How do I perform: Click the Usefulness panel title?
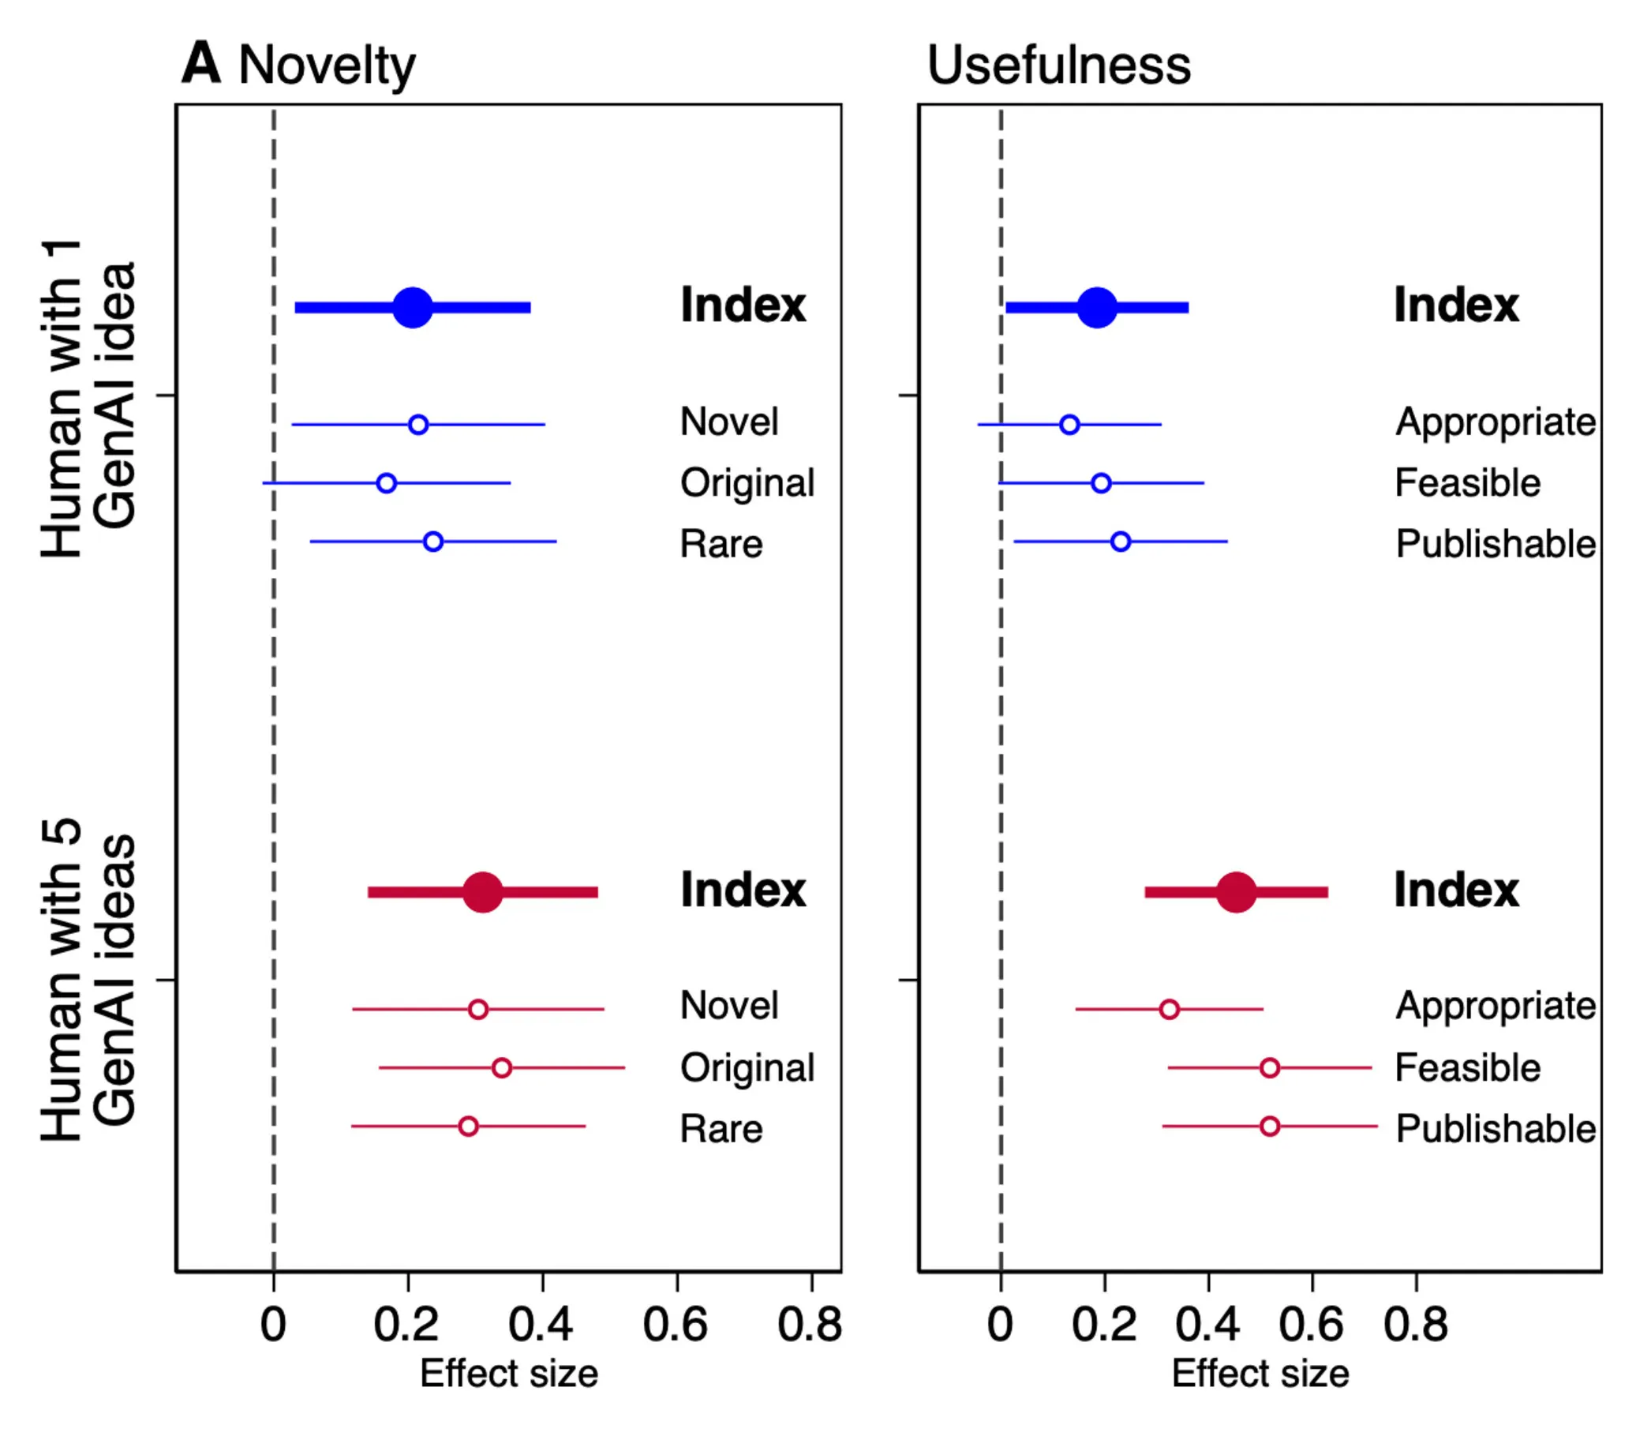click(1058, 65)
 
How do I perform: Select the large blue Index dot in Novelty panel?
click(412, 307)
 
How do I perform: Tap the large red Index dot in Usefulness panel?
click(1236, 892)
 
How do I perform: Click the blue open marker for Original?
click(386, 482)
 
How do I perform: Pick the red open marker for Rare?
click(468, 1127)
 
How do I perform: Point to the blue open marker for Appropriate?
click(1069, 424)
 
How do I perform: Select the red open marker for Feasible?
click(1270, 1068)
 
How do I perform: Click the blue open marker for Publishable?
click(1121, 542)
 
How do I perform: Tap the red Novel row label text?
click(728, 1006)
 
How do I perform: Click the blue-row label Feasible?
click(1467, 482)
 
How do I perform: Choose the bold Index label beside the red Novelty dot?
click(743, 890)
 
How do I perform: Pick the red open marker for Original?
click(501, 1068)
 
